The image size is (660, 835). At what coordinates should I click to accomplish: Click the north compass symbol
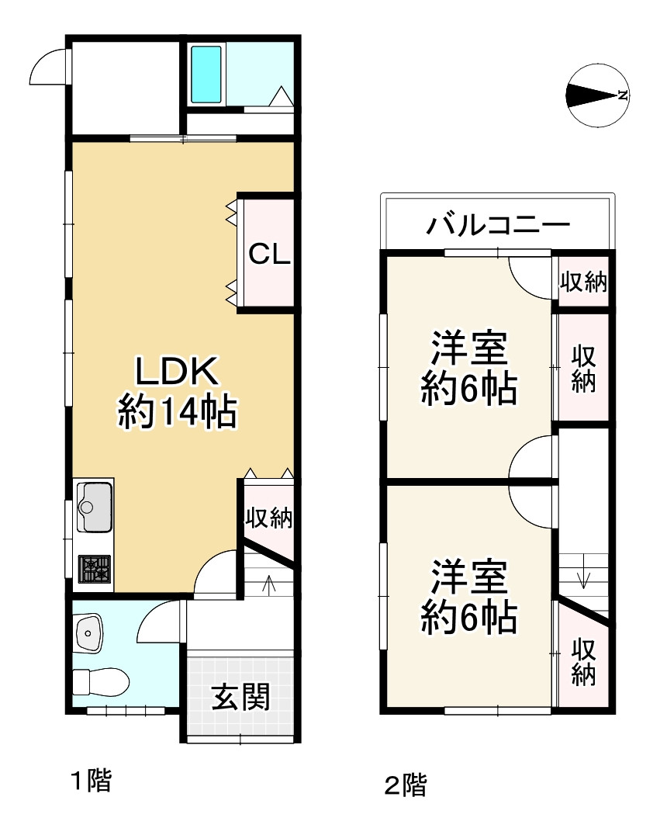tap(597, 95)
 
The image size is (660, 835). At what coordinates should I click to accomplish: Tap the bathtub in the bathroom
tap(206, 74)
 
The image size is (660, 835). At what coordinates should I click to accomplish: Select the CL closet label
tap(268, 254)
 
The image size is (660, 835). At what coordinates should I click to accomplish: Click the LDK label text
tap(178, 371)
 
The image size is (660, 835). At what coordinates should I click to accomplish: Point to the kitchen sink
tap(94, 505)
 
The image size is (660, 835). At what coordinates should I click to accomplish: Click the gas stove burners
tap(94, 569)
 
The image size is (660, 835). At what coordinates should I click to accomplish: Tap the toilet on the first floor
tap(99, 682)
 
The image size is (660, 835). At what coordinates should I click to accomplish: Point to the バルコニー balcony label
tap(498, 227)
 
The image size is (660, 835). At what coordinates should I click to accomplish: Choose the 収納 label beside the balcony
tap(583, 282)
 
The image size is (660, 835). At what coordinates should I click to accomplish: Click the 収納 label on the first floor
tap(268, 518)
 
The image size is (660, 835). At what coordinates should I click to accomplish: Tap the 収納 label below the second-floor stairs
tap(584, 662)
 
